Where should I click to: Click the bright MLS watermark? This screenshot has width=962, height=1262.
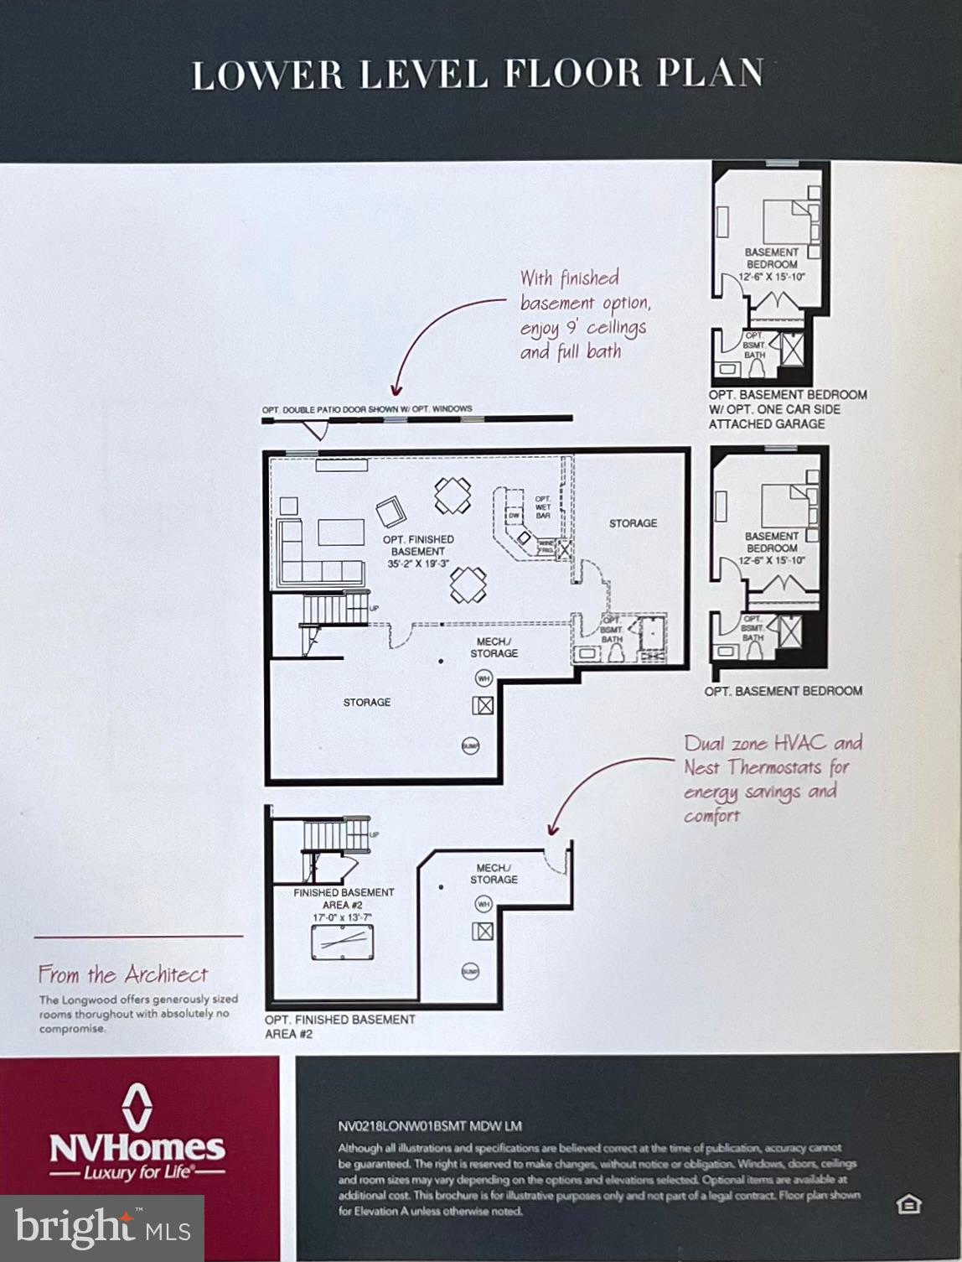(x=102, y=1228)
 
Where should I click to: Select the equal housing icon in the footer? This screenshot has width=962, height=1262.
(x=908, y=1205)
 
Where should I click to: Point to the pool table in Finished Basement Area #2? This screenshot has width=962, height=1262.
(x=342, y=943)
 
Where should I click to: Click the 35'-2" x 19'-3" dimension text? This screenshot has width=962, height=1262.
(x=417, y=564)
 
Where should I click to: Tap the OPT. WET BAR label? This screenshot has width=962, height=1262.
(x=543, y=506)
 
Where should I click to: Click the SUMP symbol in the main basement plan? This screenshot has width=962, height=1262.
(x=470, y=745)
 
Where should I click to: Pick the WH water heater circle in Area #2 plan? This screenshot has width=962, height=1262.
(x=484, y=904)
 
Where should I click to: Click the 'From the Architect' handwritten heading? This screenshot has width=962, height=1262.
(x=122, y=974)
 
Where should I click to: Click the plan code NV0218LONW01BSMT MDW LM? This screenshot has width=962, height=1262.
(x=430, y=1126)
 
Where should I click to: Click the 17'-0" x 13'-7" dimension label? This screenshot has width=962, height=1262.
(x=342, y=917)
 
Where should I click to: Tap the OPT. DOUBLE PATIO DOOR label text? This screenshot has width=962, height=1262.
(x=366, y=409)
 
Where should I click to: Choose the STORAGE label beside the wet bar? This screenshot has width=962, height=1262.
(x=633, y=523)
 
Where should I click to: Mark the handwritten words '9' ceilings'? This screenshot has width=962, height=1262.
(x=605, y=327)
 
